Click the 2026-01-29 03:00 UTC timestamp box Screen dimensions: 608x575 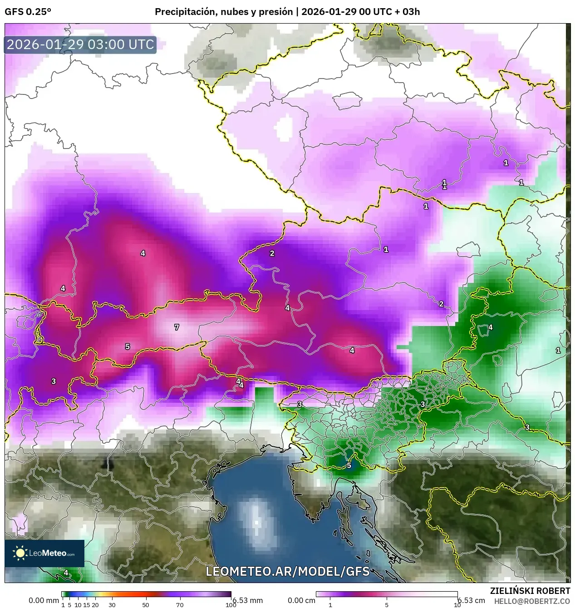pos(80,44)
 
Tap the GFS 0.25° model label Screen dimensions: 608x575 pos(28,12)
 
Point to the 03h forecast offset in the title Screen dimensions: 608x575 pos(411,12)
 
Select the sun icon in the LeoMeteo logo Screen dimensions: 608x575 pos(20,553)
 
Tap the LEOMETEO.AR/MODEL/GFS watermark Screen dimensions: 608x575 pos(287,571)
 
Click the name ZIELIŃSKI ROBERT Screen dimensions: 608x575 pos(530,591)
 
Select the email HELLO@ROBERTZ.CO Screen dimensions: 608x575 pos(532,601)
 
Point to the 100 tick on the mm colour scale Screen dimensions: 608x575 pos(231,605)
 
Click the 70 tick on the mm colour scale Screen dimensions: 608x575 pos(180,605)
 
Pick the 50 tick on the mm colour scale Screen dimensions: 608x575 pos(146,605)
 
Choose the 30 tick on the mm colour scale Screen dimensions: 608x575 pos(112,605)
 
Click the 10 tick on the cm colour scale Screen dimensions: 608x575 pos(457,605)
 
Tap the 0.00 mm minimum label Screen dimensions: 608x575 pos(44,600)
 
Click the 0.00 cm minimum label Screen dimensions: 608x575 pos(301,600)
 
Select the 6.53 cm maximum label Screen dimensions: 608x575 pos(471,600)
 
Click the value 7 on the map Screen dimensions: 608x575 pos(177,327)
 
